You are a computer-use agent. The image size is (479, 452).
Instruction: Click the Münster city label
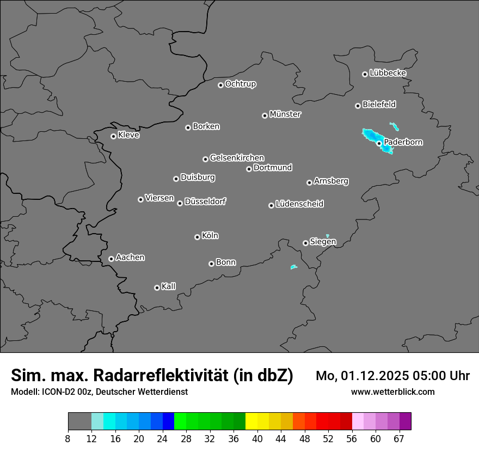(285, 114)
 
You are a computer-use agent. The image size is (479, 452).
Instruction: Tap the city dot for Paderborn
(379, 143)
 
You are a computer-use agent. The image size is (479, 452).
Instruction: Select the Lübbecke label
(388, 73)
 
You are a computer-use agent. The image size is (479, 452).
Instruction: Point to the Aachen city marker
(111, 259)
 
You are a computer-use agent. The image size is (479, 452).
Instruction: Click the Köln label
(210, 236)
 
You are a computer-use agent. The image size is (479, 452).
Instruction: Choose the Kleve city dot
(113, 136)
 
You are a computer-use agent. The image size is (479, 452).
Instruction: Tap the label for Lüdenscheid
(299, 204)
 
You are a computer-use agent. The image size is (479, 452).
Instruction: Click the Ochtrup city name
(241, 84)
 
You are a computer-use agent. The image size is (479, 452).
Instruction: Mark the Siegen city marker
(305, 243)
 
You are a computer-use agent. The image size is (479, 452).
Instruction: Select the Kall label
(169, 286)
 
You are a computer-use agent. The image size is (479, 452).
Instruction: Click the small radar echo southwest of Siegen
(294, 267)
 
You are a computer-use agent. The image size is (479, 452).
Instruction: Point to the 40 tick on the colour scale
(257, 438)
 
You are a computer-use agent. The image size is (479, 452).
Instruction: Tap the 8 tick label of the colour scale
(68, 438)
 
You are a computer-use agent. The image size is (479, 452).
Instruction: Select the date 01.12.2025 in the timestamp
(370, 376)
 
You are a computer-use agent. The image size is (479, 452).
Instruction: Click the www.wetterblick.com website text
(392, 392)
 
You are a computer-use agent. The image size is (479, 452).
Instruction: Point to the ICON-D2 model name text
(59, 392)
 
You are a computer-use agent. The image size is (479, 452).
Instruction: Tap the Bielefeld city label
(379, 104)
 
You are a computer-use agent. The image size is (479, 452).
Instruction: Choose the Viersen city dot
(140, 199)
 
